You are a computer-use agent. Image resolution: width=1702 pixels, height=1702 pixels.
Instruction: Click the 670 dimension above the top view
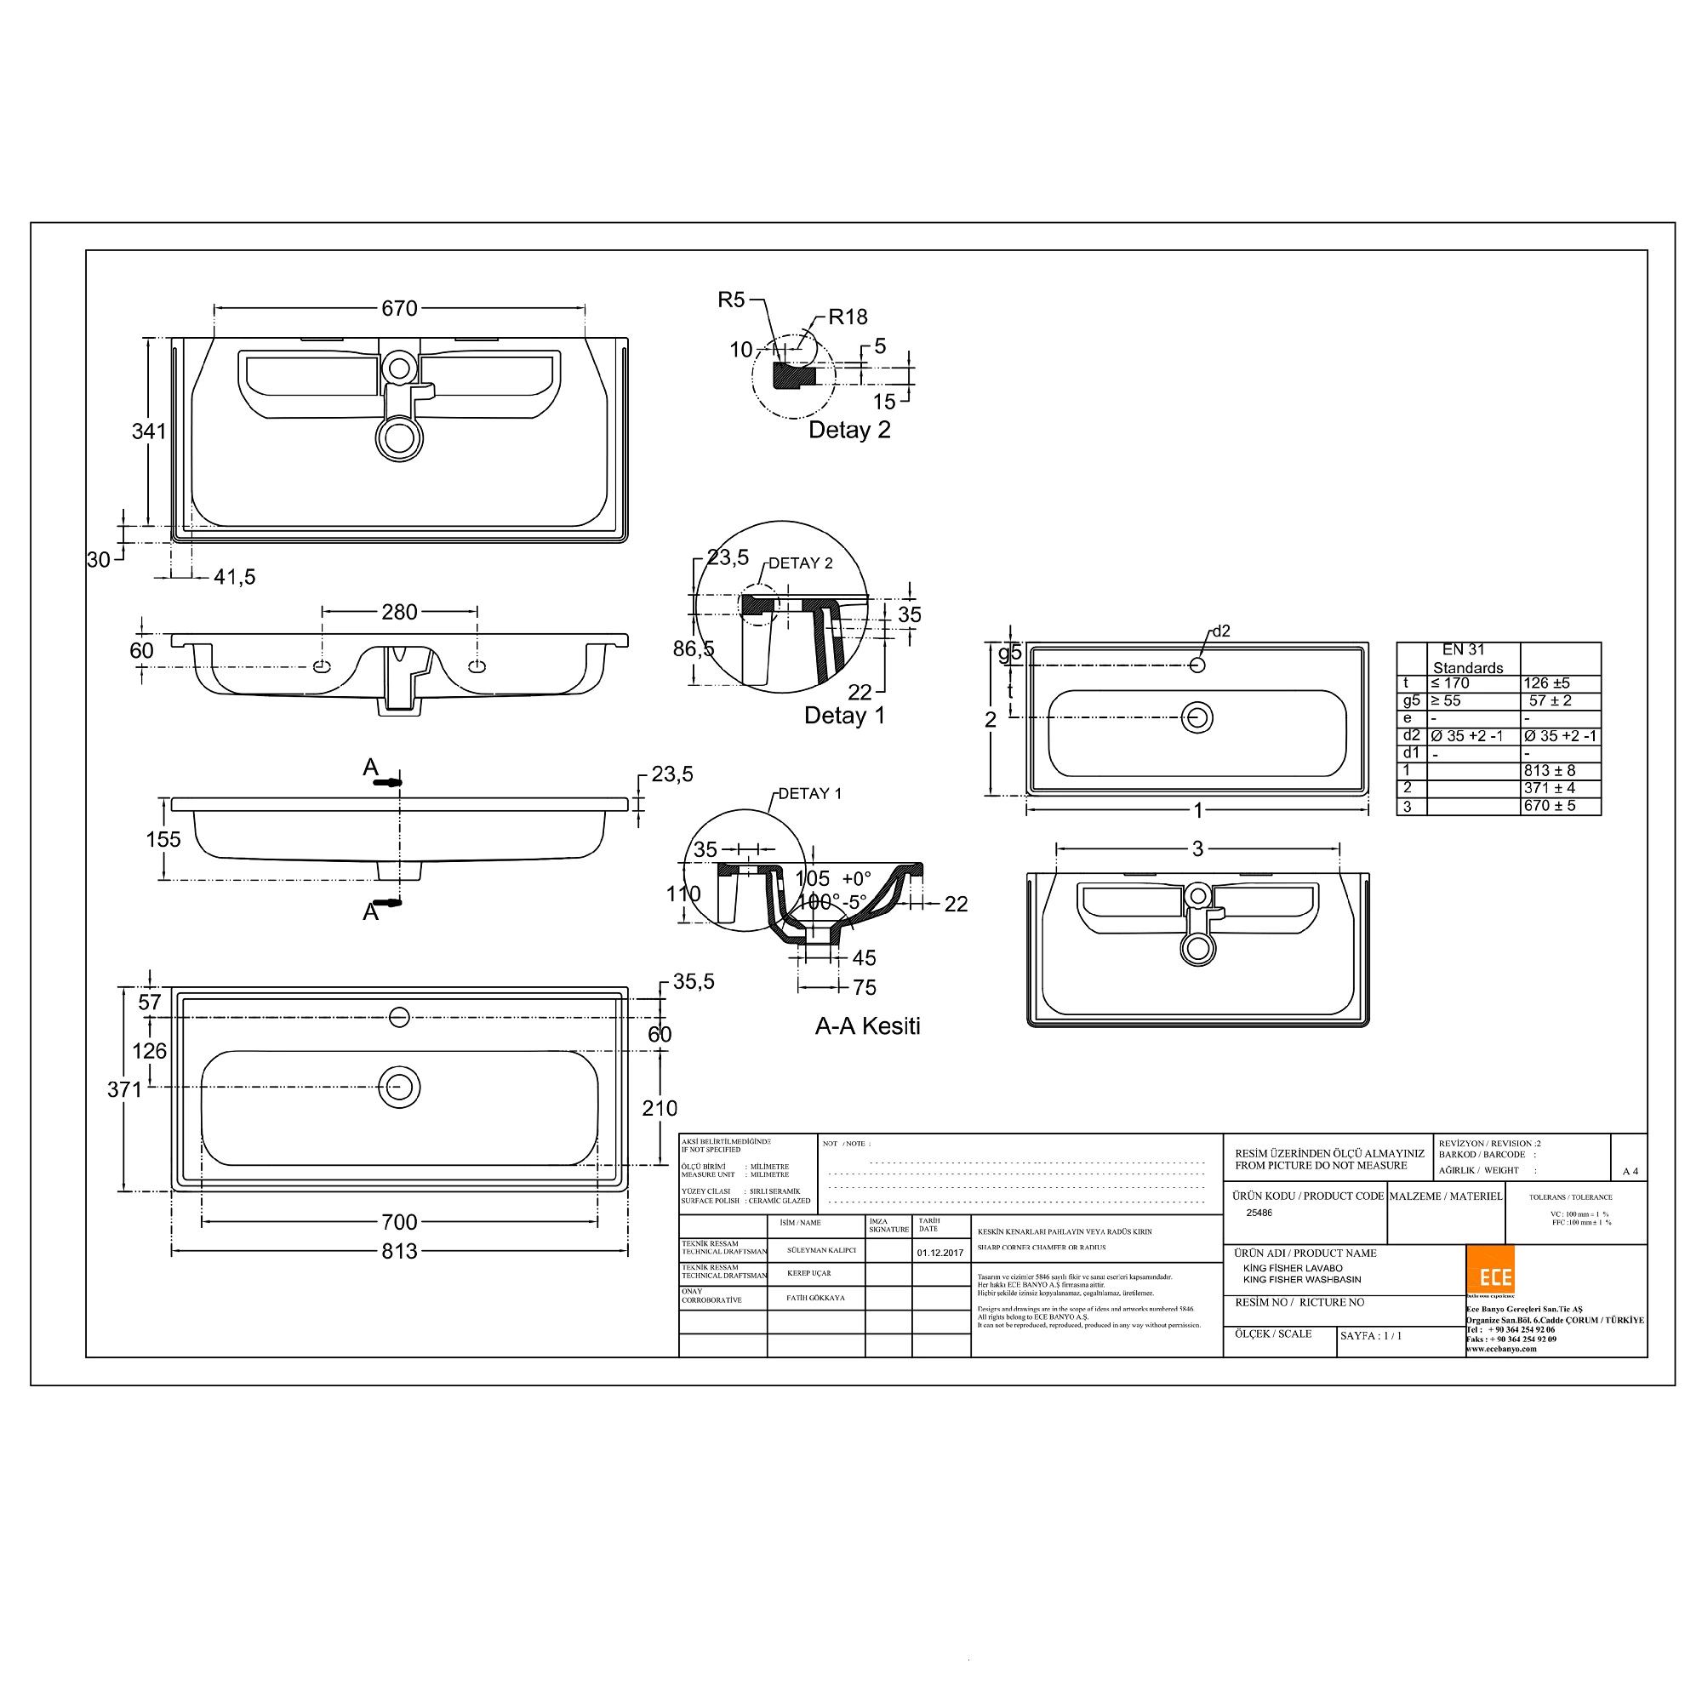coord(399,308)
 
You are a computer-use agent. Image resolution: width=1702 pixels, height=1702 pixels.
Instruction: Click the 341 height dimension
coord(149,431)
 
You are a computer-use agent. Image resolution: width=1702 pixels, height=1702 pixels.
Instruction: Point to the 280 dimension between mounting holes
coord(399,611)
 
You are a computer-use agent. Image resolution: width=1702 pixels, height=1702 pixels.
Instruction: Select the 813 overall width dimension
coord(399,1251)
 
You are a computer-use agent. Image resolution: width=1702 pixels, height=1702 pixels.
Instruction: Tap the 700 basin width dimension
coord(399,1222)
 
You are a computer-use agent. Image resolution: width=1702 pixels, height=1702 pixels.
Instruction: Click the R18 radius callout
coord(848,317)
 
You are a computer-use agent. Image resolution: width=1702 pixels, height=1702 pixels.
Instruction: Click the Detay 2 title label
coord(849,430)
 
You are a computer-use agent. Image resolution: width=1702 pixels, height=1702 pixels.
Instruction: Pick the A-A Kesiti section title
coord(867,1025)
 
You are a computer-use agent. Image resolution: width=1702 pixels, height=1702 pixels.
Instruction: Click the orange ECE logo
coord(1490,1270)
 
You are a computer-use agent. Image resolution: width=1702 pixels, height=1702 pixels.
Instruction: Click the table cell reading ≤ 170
coord(1450,683)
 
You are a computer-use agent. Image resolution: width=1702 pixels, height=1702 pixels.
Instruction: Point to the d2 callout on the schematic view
coord(1221,631)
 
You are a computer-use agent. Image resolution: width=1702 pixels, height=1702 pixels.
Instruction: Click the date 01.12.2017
coord(940,1253)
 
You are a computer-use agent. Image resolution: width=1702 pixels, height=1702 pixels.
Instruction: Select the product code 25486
coord(1259,1213)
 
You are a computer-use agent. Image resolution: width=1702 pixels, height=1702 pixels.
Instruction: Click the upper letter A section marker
coord(371,768)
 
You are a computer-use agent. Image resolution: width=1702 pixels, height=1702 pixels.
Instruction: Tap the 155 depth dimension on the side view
coord(163,839)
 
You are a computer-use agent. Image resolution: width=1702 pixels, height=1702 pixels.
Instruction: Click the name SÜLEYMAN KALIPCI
coord(821,1250)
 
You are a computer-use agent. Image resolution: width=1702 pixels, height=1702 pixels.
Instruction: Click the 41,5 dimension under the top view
coord(234,577)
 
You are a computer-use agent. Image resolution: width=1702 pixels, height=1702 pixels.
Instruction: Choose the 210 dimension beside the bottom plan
coord(659,1108)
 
